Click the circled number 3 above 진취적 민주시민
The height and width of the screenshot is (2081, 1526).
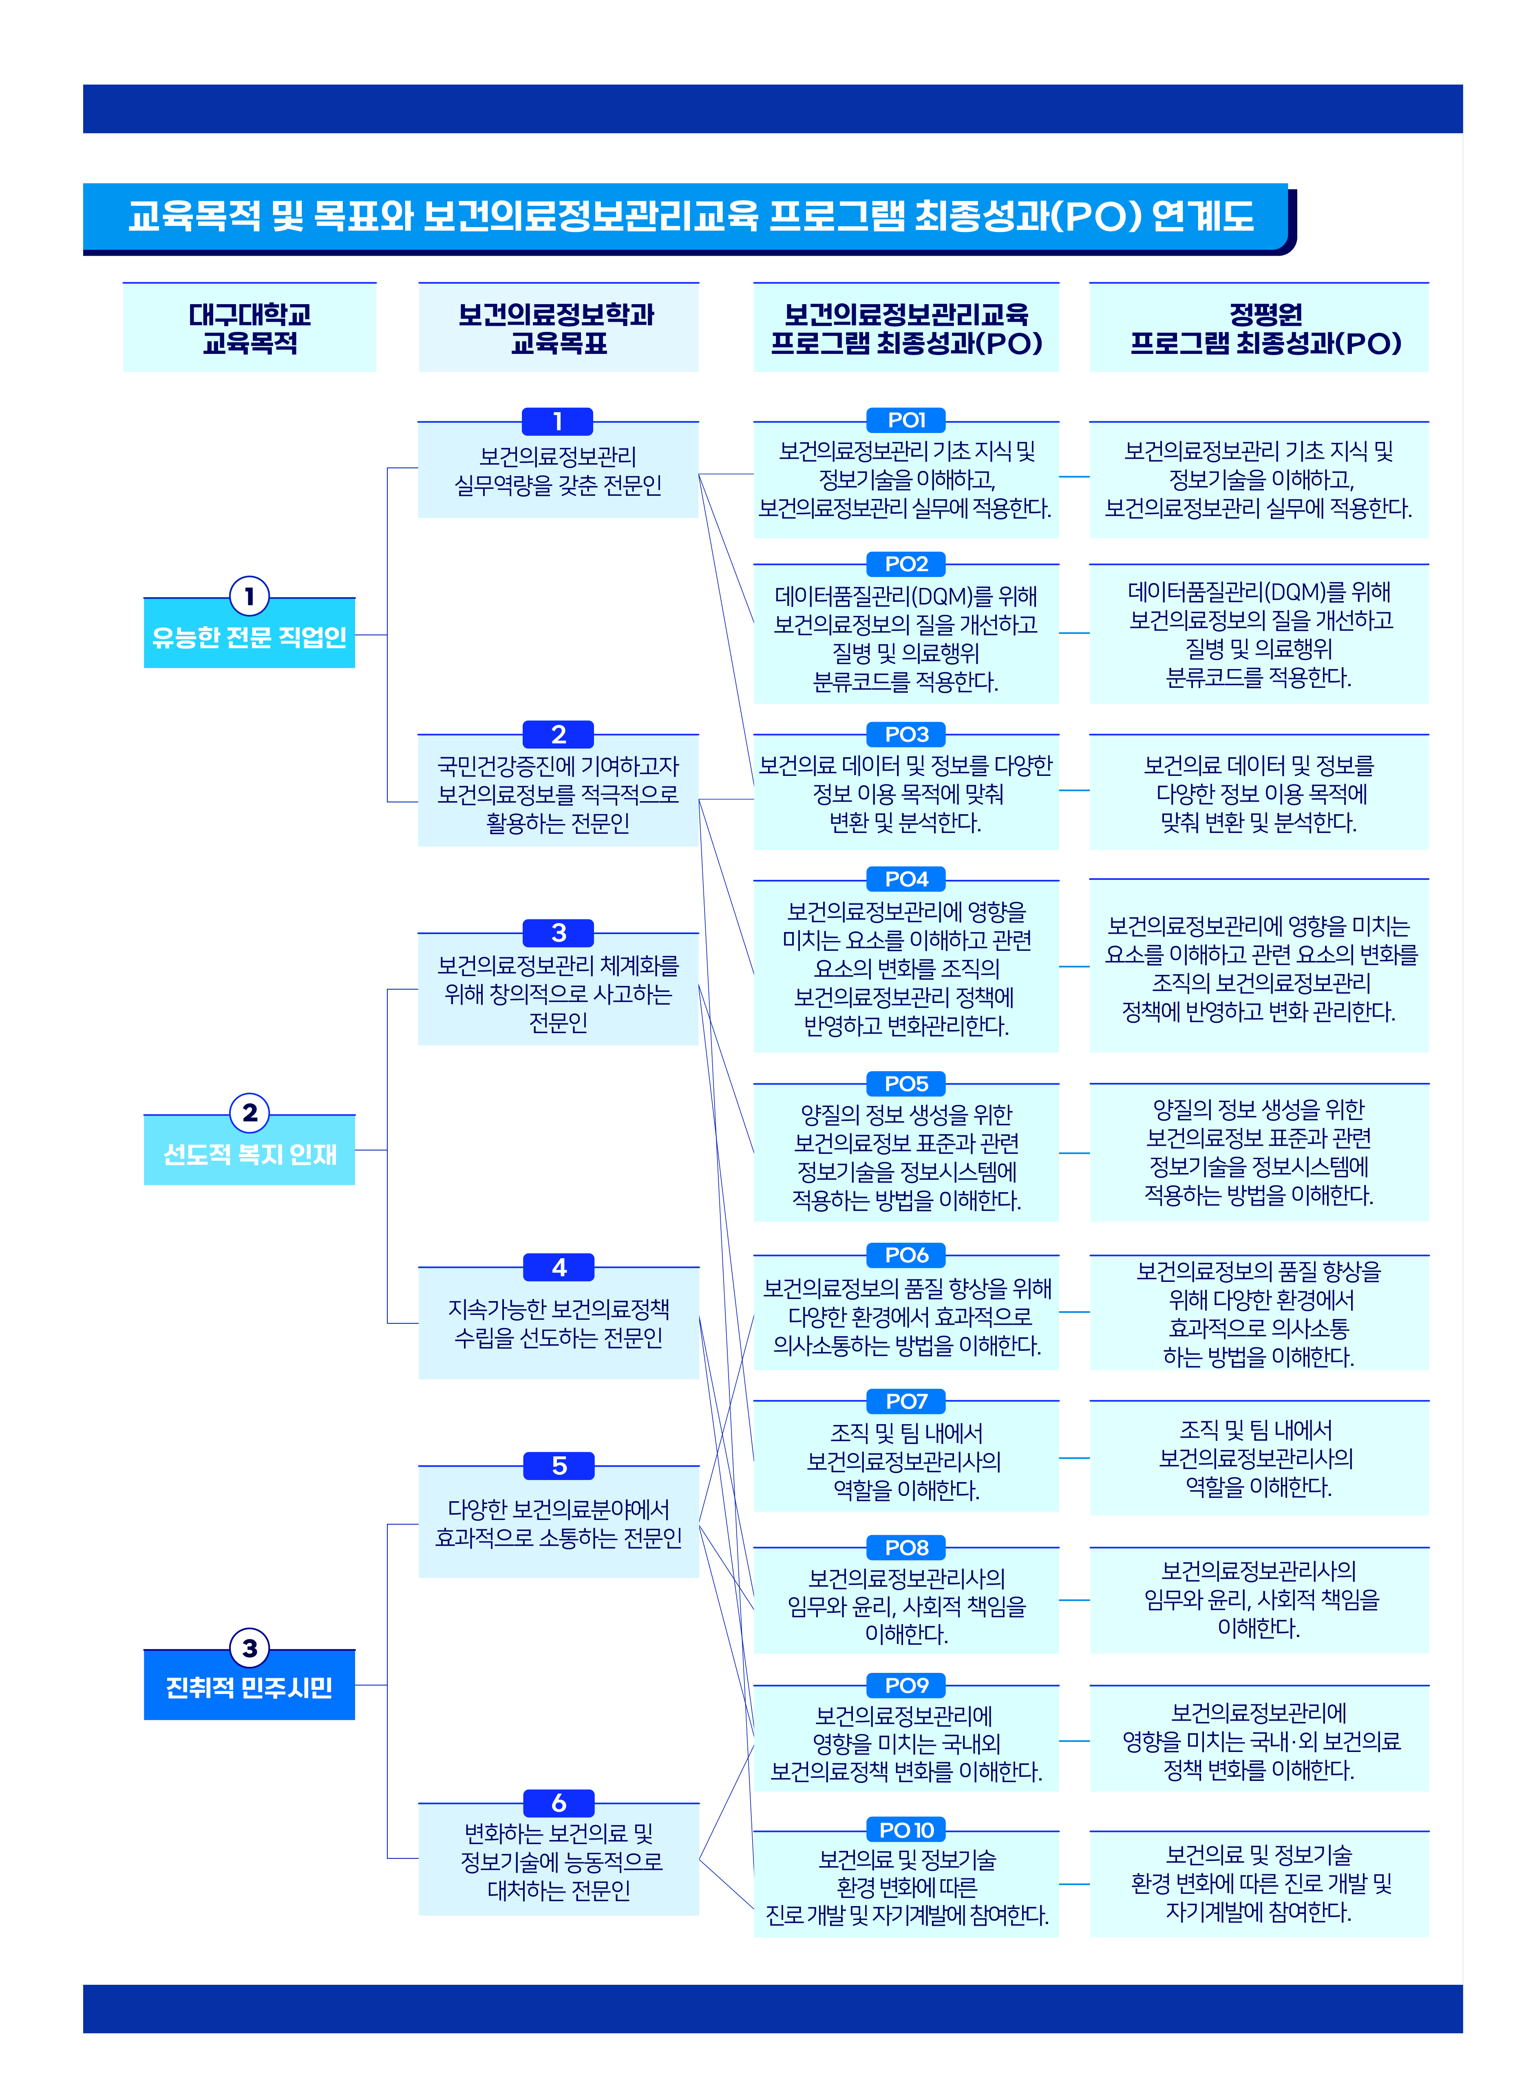click(250, 1648)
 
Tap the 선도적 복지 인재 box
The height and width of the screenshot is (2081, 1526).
click(250, 1154)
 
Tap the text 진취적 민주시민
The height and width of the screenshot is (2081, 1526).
click(250, 1688)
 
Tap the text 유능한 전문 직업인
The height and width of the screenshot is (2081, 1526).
click(250, 636)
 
